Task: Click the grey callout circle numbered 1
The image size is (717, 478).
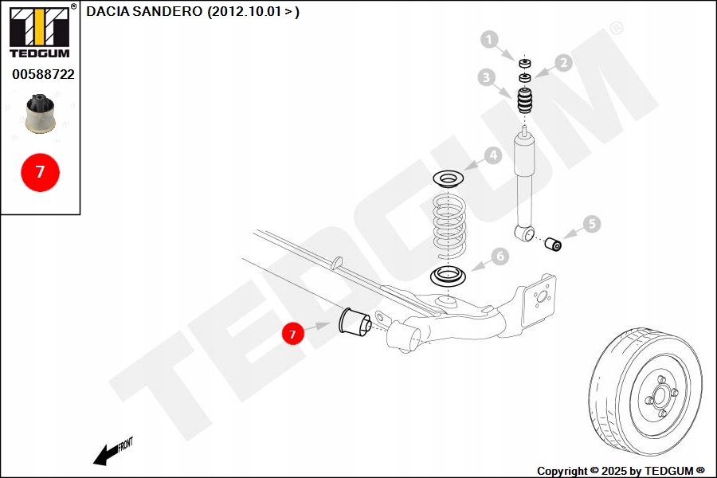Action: pos(489,39)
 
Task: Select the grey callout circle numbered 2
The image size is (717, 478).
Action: pos(563,63)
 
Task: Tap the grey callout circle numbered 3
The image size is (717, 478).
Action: pos(487,77)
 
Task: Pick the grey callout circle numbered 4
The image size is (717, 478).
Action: pos(493,156)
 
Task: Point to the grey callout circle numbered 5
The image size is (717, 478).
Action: pos(591,225)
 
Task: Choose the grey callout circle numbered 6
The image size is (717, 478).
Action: pos(500,257)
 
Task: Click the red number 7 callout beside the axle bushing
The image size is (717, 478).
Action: pos(292,335)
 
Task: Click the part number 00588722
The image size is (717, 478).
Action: pos(43,74)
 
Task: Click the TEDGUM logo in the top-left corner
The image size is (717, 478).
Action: pos(39,32)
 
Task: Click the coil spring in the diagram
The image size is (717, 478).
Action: pos(451,224)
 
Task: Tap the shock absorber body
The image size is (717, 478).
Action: pos(525,176)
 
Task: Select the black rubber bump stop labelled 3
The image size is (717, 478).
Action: pos(524,102)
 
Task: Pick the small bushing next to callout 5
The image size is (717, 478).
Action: pos(553,241)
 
